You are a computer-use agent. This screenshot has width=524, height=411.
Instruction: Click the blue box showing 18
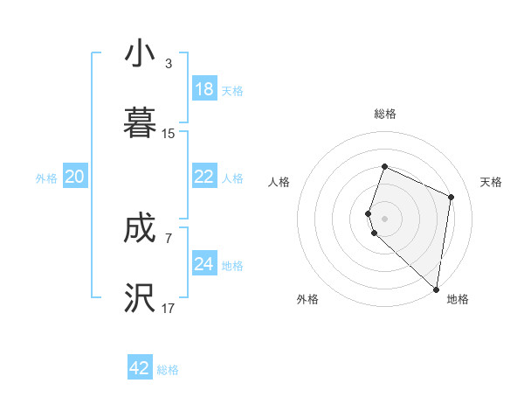coord(204,88)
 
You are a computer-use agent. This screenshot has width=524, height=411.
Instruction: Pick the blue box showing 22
coord(204,177)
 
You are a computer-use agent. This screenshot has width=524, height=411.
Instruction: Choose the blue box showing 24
coord(204,264)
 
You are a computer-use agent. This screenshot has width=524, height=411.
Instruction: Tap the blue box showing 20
coord(75,177)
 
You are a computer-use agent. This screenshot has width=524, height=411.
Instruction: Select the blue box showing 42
coord(140,368)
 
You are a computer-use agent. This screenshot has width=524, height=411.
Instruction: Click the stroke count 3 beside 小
coord(169,64)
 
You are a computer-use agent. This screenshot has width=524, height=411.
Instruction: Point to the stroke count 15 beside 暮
coord(169,134)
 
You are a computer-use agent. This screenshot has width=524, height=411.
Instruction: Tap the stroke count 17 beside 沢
coord(169,309)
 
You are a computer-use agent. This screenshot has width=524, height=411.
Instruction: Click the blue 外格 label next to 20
coord(46,178)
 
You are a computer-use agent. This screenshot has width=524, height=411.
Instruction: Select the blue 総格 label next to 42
coord(168,370)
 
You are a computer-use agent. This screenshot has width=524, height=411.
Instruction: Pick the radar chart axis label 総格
coord(384,114)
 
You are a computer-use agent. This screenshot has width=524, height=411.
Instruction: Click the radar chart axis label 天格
coord(492,182)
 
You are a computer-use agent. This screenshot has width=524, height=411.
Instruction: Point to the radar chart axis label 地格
coord(458,299)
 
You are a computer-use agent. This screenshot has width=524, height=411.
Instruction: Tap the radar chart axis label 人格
coord(279,182)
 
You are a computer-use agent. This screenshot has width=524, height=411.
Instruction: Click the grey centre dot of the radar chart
coord(384,218)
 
